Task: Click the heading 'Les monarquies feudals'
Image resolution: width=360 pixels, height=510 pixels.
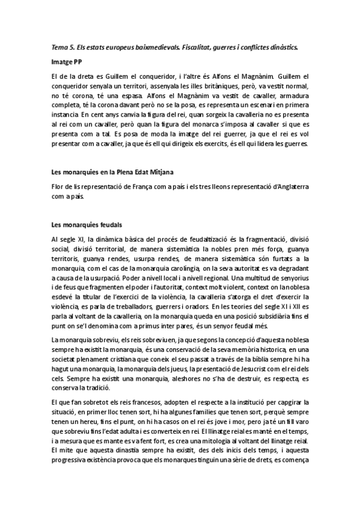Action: pos(87,225)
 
